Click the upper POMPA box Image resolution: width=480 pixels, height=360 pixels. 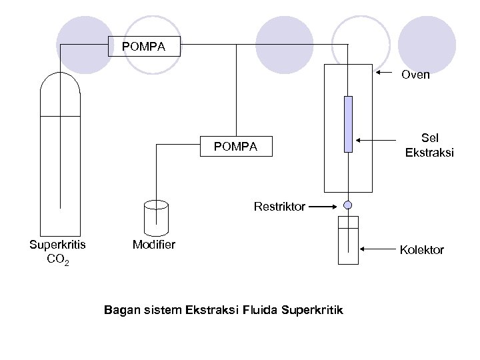[x=143, y=47]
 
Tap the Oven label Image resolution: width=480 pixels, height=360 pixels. [x=415, y=75]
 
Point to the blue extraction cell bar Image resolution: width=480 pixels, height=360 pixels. [x=348, y=124]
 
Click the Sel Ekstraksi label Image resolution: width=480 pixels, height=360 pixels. [x=429, y=146]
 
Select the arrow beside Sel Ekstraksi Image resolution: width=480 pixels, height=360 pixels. [x=377, y=141]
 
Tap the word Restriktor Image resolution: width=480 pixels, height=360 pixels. [x=279, y=207]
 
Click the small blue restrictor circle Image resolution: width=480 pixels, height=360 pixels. [x=348, y=205]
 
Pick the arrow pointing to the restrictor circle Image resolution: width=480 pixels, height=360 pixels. [x=325, y=207]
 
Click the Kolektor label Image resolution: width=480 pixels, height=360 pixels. [x=421, y=250]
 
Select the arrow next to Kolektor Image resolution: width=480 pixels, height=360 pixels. [x=380, y=250]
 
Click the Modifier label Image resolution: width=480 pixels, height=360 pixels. [x=154, y=245]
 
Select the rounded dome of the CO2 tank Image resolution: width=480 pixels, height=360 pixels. [x=60, y=90]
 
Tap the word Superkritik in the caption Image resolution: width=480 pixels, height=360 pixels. [x=313, y=310]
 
